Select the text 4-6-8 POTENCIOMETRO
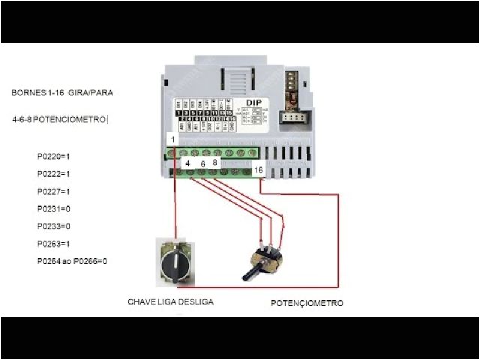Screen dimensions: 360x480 [x=59, y=119]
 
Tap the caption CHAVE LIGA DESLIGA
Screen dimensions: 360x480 [x=170, y=301]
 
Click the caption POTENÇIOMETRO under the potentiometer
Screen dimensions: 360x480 [x=307, y=303]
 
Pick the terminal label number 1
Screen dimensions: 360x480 [x=172, y=140]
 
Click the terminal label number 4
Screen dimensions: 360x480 [x=187, y=162]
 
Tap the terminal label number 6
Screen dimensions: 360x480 [x=202, y=163]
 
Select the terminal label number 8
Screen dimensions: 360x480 [x=215, y=162]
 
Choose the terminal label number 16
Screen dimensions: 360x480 [x=259, y=171]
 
